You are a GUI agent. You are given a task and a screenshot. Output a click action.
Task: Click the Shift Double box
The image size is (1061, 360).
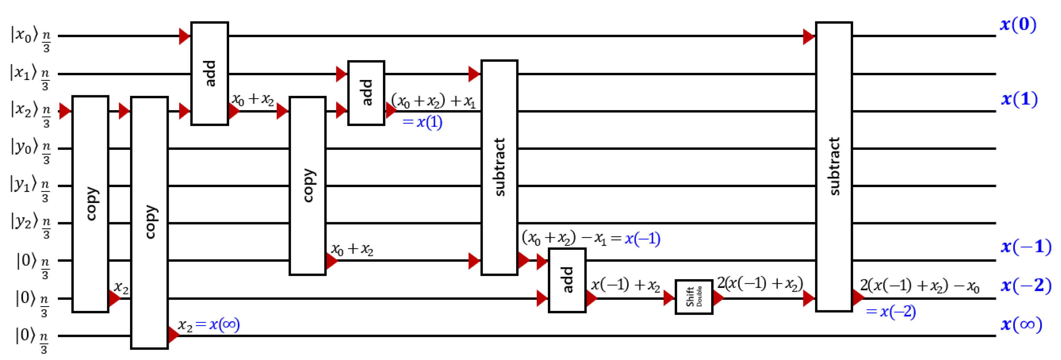pyautogui.click(x=694, y=296)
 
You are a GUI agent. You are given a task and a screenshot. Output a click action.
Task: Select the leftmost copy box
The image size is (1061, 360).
pyautogui.click(x=90, y=204)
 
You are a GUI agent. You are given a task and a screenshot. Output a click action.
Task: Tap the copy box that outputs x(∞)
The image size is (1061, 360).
pyautogui.click(x=149, y=222)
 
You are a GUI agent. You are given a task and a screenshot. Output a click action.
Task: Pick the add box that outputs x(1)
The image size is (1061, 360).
pyautogui.click(x=366, y=93)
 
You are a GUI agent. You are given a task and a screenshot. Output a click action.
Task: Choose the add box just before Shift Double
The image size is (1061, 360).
pyautogui.click(x=567, y=280)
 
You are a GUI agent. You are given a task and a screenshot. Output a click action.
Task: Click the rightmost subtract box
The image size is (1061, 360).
pyautogui.click(x=834, y=166)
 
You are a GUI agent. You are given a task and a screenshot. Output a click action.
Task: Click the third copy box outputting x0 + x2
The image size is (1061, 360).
pyautogui.click(x=307, y=185)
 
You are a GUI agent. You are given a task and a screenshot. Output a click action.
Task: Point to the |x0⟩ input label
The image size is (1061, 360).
pyautogui.click(x=21, y=35)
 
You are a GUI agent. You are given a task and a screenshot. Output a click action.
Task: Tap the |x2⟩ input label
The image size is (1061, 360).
pyautogui.click(x=21, y=110)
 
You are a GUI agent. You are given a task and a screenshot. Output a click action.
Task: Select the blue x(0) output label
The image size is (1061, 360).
pyautogui.click(x=1018, y=25)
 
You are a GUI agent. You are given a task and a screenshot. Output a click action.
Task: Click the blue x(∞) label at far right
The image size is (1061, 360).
pyautogui.click(x=1021, y=324)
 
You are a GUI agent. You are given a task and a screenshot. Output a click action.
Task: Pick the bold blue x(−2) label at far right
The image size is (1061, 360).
pyautogui.click(x=1025, y=285)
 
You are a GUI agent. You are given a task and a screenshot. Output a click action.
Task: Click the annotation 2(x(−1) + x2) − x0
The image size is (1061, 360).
pyautogui.click(x=919, y=285)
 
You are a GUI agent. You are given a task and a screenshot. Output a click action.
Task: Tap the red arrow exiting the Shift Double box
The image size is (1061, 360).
pyautogui.click(x=718, y=298)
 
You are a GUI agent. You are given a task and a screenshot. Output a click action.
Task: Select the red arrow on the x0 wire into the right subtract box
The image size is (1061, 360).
pyautogui.click(x=808, y=37)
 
